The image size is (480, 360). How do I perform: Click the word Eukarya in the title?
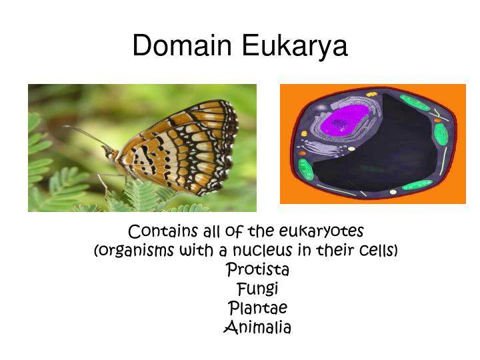(x=295, y=46)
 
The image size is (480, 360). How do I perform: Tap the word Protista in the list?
(x=258, y=269)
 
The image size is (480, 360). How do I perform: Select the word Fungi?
(x=258, y=289)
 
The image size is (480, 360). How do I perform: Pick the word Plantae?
(x=258, y=307)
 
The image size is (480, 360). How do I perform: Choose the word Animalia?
(x=258, y=327)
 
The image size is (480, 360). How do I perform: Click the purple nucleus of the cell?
(x=342, y=121)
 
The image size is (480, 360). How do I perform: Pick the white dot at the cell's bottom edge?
(x=393, y=192)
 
